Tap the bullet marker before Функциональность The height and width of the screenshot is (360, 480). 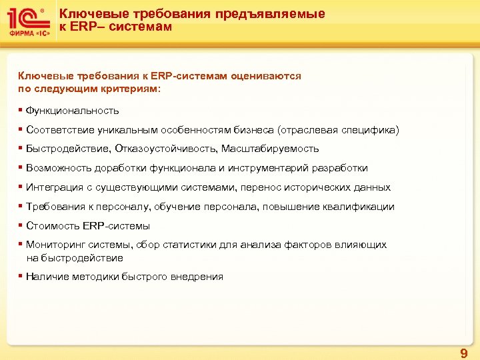(x=21, y=110)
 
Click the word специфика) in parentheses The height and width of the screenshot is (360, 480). (x=371, y=130)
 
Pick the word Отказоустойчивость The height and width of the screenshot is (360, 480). (x=165, y=149)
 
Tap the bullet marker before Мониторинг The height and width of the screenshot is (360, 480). (x=21, y=245)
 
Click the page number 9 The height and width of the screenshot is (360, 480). (x=464, y=353)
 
